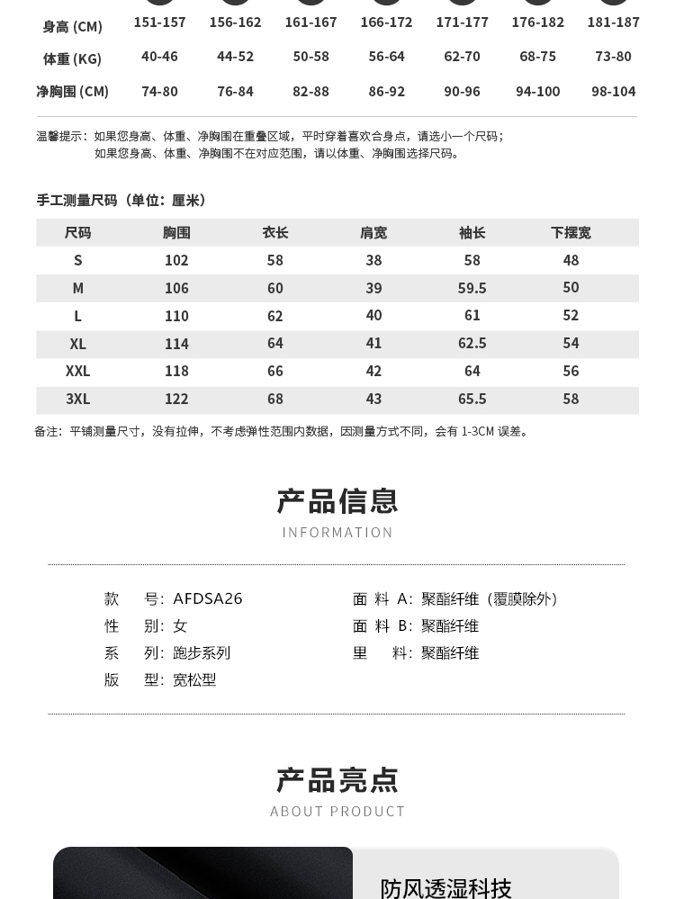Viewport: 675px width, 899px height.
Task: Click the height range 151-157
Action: (x=159, y=22)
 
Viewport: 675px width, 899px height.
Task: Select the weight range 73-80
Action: (x=613, y=56)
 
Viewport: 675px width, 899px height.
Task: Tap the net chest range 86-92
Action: (x=386, y=91)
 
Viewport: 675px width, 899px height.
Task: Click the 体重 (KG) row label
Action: (x=72, y=59)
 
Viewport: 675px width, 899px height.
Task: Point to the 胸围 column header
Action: (x=176, y=233)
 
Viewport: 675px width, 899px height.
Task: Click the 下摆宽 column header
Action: (x=571, y=233)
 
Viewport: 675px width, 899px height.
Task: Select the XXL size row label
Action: (x=78, y=371)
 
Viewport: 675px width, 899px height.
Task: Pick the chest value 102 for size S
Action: (x=176, y=260)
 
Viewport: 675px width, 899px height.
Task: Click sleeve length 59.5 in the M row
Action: (x=472, y=288)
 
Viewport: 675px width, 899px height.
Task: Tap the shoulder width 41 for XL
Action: (x=373, y=343)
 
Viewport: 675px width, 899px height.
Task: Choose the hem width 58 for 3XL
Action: (x=571, y=399)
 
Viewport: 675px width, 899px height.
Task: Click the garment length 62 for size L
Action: (x=275, y=316)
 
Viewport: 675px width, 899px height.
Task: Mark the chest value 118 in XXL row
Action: (x=176, y=371)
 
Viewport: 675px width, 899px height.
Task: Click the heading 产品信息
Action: (x=337, y=501)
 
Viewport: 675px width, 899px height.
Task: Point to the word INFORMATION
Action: (x=337, y=533)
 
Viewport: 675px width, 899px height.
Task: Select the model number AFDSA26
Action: (x=208, y=598)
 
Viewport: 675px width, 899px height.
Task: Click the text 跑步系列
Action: (x=202, y=652)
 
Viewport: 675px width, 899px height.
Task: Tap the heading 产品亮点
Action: (x=337, y=780)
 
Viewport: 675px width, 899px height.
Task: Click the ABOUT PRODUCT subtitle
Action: (x=337, y=812)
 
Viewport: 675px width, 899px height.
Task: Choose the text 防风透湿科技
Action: (x=445, y=888)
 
